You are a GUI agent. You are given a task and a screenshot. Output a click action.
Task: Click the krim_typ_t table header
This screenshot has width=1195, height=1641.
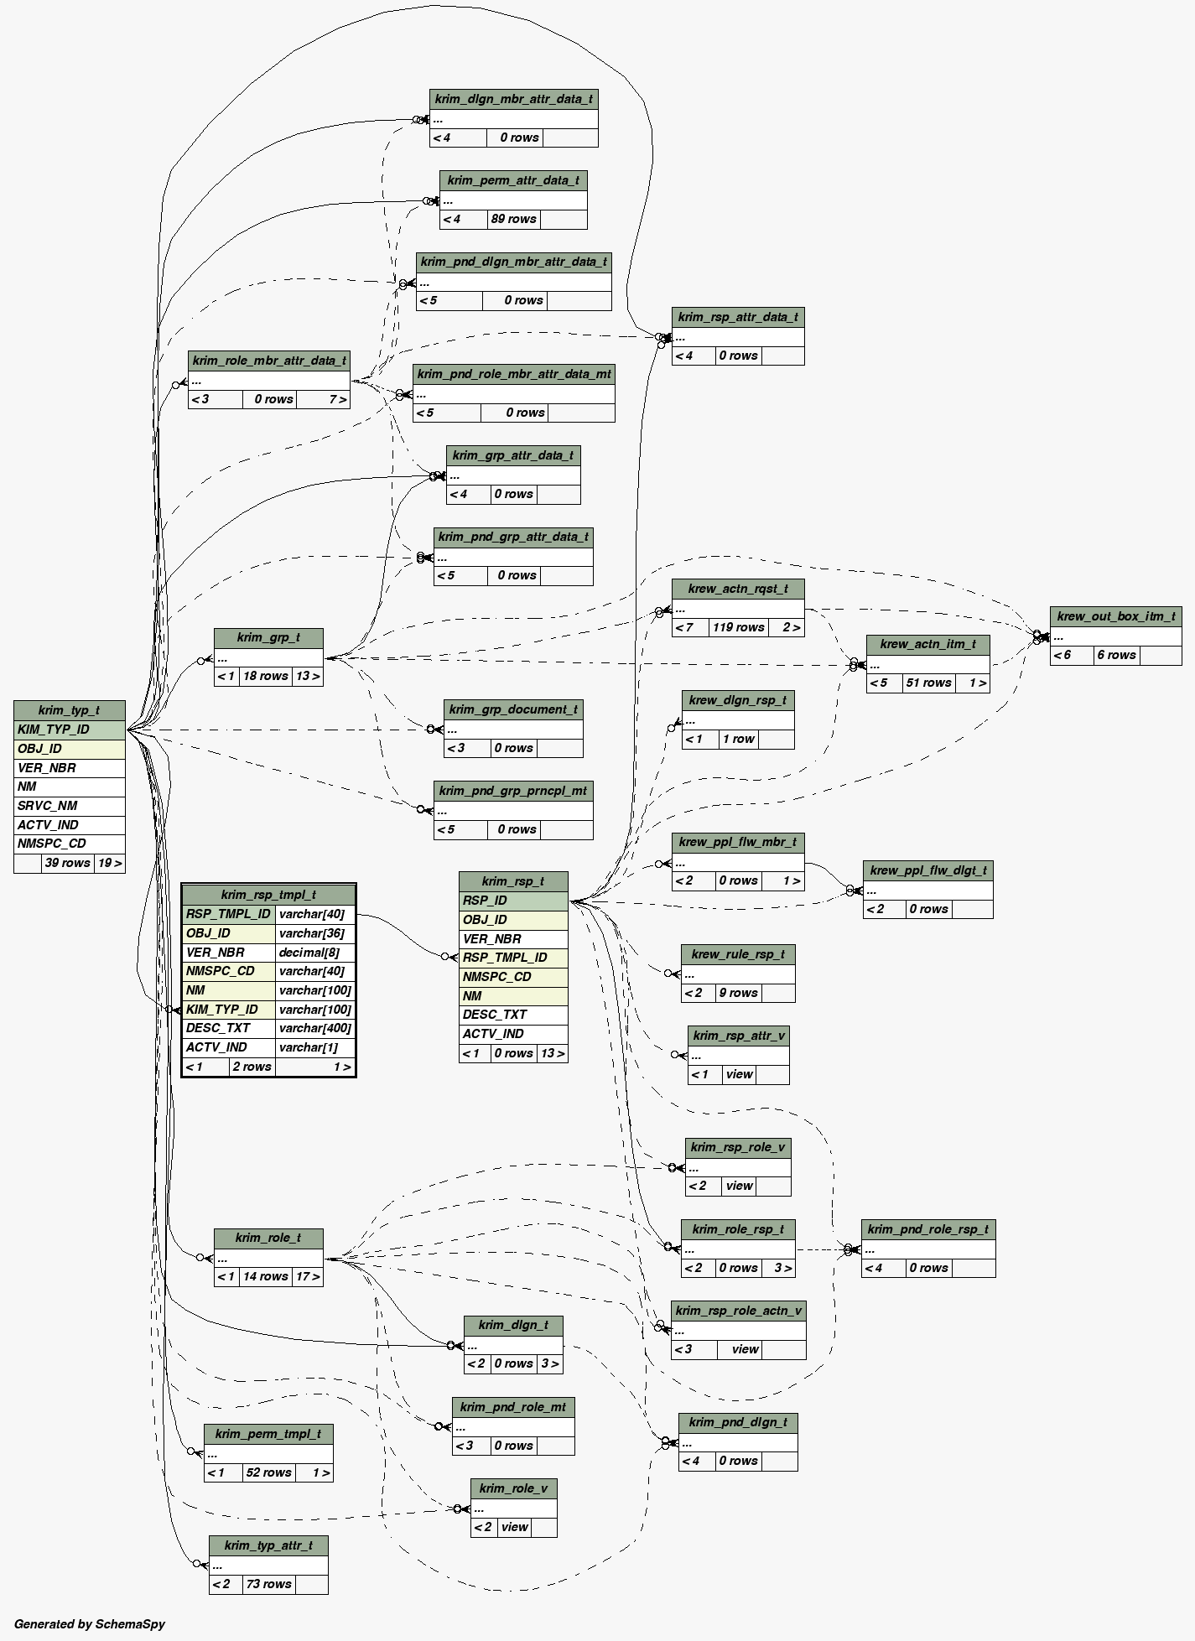(x=69, y=710)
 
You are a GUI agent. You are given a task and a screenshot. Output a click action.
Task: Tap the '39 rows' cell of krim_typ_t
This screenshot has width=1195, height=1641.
(x=67, y=863)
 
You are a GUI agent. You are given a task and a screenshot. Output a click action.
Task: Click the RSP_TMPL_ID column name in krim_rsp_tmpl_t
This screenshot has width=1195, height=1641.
(x=228, y=914)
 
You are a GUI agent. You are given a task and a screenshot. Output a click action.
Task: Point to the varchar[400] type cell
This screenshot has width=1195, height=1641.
(x=314, y=1028)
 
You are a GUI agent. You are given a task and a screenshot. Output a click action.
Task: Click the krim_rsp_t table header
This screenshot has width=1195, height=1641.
(x=512, y=881)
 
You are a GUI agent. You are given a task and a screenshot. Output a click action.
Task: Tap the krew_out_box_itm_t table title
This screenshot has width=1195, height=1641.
(x=1115, y=616)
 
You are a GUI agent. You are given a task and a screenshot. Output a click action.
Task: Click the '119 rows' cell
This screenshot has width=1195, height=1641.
(x=737, y=627)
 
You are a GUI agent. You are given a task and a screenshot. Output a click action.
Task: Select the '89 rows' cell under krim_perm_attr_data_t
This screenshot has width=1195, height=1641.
(x=513, y=219)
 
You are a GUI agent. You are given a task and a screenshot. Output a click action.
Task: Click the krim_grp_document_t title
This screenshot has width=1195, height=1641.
(x=513, y=709)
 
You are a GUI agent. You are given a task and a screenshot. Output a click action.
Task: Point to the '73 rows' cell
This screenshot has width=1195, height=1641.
(x=268, y=1584)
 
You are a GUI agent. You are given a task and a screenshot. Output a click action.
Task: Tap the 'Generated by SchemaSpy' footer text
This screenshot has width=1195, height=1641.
(x=90, y=1624)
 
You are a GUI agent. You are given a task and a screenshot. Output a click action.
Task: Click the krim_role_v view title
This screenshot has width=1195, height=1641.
(x=513, y=1488)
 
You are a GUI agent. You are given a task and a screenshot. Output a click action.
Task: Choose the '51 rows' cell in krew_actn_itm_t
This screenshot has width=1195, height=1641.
(x=928, y=683)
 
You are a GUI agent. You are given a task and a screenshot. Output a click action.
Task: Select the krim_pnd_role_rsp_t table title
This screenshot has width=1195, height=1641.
(x=928, y=1229)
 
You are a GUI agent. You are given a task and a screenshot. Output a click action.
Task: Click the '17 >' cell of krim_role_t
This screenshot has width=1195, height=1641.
(x=308, y=1276)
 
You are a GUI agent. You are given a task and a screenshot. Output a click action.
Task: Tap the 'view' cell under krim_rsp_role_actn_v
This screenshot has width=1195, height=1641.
(x=745, y=1349)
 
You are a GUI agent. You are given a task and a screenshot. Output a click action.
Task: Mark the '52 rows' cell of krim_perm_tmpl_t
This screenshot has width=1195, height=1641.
(x=268, y=1472)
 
